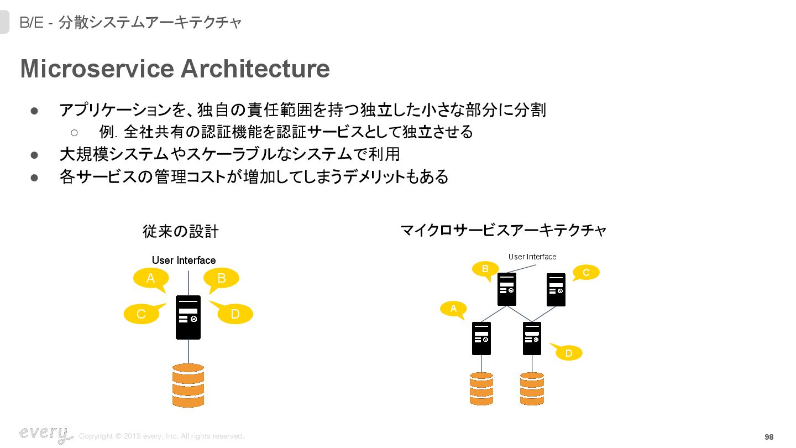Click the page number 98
point(769,437)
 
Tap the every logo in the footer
point(45,434)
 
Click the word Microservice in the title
point(97,69)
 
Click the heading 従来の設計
point(181,231)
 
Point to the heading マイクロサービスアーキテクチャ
point(504,230)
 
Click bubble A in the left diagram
point(150,278)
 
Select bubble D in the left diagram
point(235,314)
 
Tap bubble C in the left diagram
point(142,314)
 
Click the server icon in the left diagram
point(188,317)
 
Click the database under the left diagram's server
point(188,385)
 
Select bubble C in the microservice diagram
point(586,272)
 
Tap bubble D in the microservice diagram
point(569,353)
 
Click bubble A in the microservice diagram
point(454,309)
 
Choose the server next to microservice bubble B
point(507,289)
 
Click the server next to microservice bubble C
point(556,289)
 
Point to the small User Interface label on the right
point(532,257)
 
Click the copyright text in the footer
point(161,436)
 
